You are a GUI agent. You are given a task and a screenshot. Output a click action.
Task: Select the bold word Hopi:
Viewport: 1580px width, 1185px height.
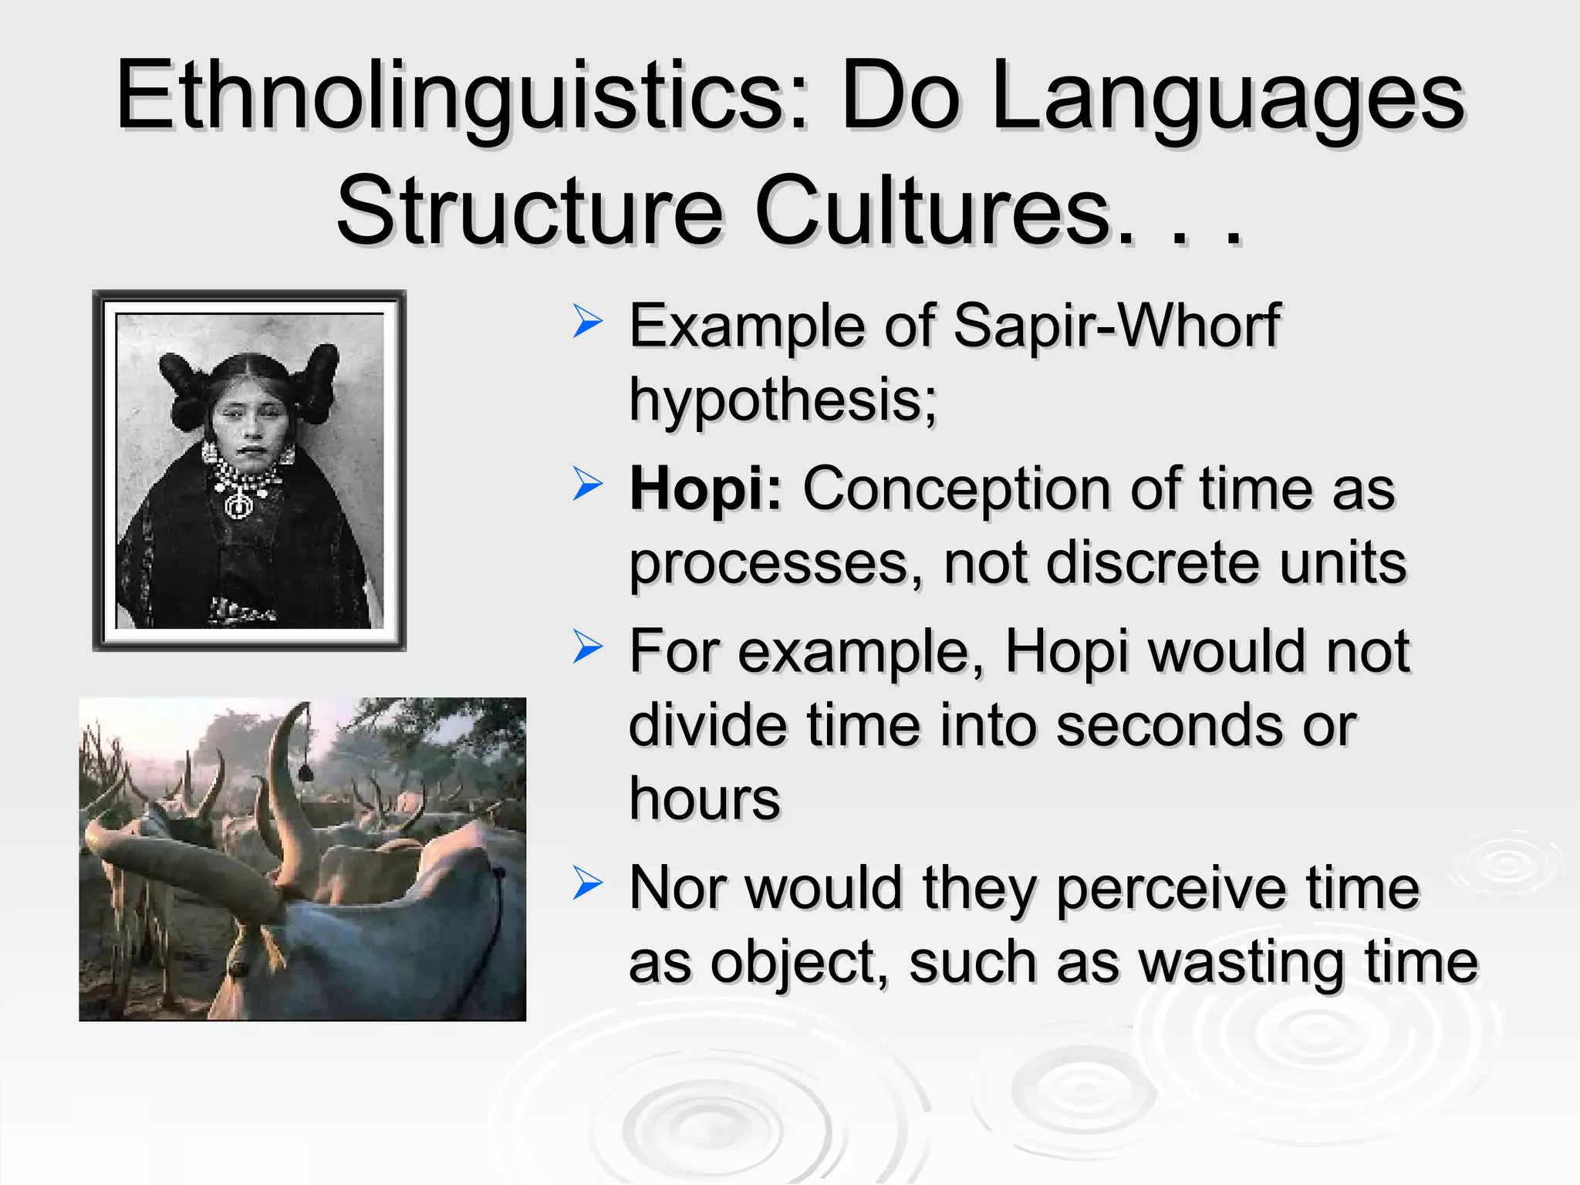[x=705, y=489]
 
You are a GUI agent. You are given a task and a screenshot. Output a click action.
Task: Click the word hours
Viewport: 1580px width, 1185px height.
[x=704, y=799]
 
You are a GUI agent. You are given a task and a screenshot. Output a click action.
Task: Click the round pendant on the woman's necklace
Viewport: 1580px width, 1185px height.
[x=238, y=506]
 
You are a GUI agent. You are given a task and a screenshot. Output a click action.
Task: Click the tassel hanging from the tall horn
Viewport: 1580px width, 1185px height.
[x=305, y=771]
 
